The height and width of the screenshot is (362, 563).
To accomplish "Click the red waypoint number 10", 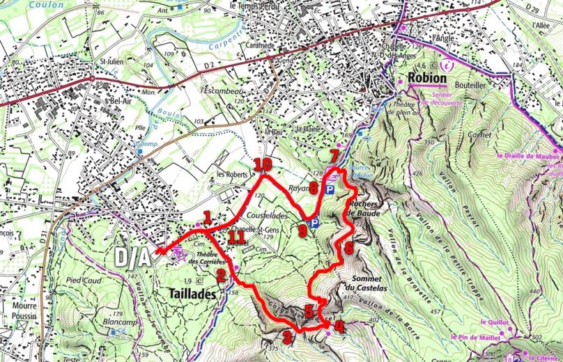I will [x=263, y=164].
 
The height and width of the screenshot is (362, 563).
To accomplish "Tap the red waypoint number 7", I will [x=334, y=155].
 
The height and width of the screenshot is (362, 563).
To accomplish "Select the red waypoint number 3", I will [x=286, y=338].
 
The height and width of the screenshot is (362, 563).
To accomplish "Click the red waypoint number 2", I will [x=221, y=276].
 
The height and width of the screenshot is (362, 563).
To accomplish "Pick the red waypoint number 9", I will [x=302, y=230].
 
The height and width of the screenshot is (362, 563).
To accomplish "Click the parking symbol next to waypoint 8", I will [x=330, y=189].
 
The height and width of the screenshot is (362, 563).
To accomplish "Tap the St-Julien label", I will [x=111, y=61].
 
